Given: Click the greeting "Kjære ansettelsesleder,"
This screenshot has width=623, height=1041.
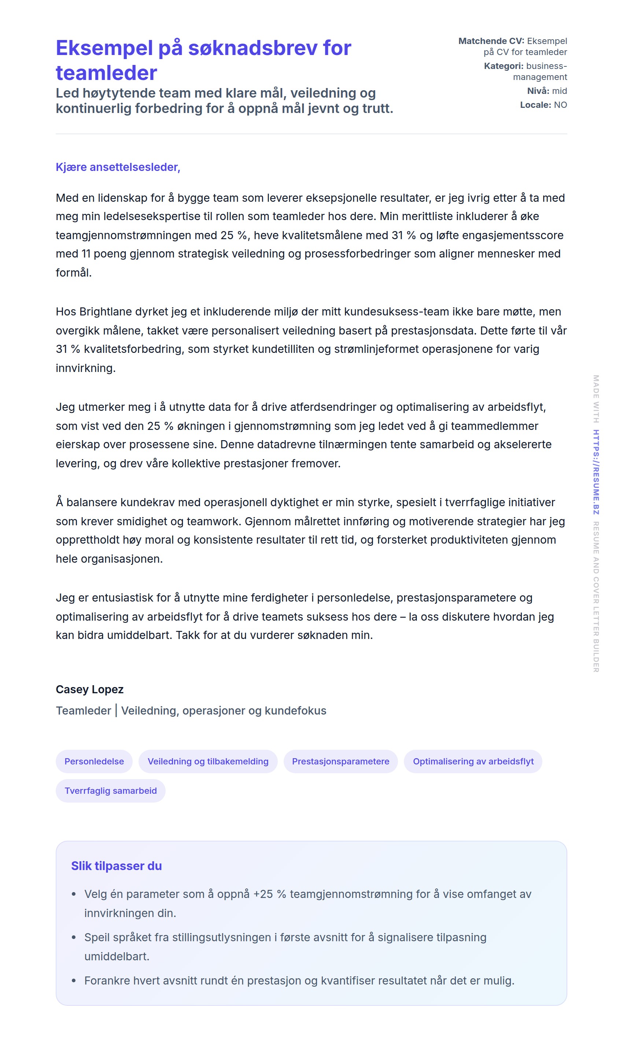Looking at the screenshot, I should (x=118, y=167).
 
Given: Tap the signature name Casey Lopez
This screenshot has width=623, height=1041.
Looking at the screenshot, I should (x=89, y=689).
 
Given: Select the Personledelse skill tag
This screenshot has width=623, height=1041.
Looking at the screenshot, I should (x=94, y=761).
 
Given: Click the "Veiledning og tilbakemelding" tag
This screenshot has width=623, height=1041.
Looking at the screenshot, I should (x=208, y=761).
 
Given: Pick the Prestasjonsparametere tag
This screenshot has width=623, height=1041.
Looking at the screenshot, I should (x=340, y=761).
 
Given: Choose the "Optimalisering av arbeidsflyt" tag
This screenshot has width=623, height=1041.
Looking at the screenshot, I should (x=473, y=761).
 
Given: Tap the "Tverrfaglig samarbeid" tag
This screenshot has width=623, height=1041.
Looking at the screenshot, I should (x=110, y=790).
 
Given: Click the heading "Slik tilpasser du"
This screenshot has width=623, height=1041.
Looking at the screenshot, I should (x=116, y=866).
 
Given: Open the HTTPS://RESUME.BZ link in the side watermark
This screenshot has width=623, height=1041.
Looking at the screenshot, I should (x=596, y=472).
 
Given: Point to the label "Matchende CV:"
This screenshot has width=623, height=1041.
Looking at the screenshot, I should (x=491, y=41).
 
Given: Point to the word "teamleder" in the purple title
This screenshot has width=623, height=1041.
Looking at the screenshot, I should (x=106, y=73).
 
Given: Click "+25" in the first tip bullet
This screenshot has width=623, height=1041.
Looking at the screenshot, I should (x=263, y=894).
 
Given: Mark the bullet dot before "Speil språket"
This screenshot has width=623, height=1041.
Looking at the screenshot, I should (x=74, y=937).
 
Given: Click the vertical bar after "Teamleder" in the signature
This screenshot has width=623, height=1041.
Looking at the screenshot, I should (x=116, y=711).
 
